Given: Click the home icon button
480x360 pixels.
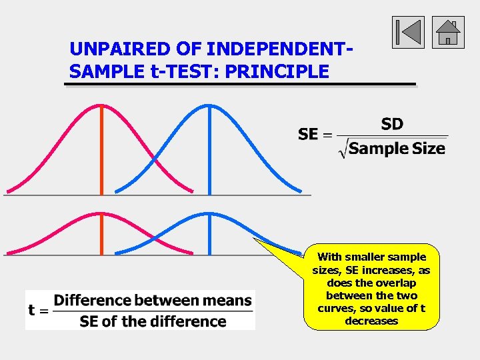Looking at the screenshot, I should click(448, 33).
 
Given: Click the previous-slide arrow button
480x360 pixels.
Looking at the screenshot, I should click(408, 33).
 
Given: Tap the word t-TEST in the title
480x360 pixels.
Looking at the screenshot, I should click(187, 71).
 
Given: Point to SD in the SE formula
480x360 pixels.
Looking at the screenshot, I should click(392, 124).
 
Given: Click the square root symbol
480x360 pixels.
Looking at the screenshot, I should click(343, 149).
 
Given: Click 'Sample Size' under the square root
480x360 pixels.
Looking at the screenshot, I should click(397, 149).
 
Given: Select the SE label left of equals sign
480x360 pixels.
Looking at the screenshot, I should click(307, 135).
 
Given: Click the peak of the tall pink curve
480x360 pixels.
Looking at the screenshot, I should click(101, 105).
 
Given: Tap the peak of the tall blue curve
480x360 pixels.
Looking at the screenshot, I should click(209, 105).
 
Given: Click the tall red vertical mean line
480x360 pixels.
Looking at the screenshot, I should click(101, 153).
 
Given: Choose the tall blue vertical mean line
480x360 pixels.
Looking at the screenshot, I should click(209, 153).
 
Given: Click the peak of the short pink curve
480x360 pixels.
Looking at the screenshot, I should click(101, 214).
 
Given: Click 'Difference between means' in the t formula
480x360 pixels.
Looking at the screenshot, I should click(153, 301).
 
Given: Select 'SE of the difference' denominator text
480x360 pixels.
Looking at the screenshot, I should click(153, 321).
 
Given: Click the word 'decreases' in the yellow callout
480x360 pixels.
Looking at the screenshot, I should click(371, 321).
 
